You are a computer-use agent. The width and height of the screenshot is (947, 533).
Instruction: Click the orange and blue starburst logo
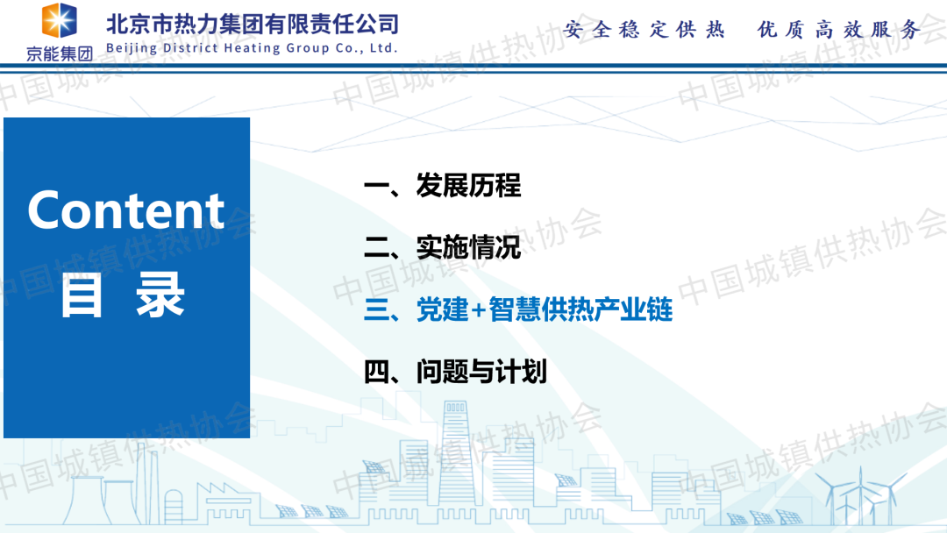[60, 20]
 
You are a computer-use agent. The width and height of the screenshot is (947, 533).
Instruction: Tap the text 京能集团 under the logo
[60, 53]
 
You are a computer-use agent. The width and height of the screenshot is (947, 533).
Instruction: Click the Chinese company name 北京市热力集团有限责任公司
[253, 25]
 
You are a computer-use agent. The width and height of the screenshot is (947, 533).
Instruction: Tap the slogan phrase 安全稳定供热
[644, 29]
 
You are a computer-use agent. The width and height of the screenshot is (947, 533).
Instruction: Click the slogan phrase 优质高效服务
[839, 29]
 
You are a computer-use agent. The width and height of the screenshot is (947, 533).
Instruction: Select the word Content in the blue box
[126, 210]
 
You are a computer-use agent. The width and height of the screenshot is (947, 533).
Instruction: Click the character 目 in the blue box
[82, 295]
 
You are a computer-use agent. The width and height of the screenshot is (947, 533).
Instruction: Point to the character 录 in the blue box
[160, 295]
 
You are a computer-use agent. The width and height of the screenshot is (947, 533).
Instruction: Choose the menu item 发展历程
[468, 185]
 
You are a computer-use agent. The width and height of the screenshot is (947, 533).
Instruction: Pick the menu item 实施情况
[468, 247]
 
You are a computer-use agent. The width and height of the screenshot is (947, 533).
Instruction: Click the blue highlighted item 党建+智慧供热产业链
[545, 309]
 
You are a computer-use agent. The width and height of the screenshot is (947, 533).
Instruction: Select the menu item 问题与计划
[481, 371]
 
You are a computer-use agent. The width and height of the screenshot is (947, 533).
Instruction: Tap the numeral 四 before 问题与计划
[377, 372]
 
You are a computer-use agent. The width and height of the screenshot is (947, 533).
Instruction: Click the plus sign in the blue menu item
[479, 310]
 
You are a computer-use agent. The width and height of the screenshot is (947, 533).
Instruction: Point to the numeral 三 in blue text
[377, 309]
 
